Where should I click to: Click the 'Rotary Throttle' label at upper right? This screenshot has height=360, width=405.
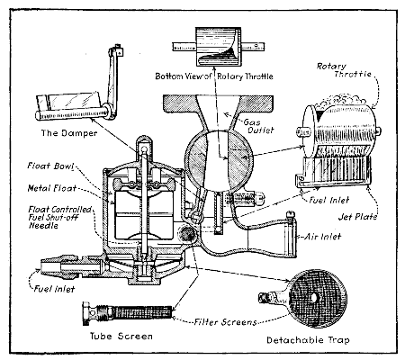pos(364,72)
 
